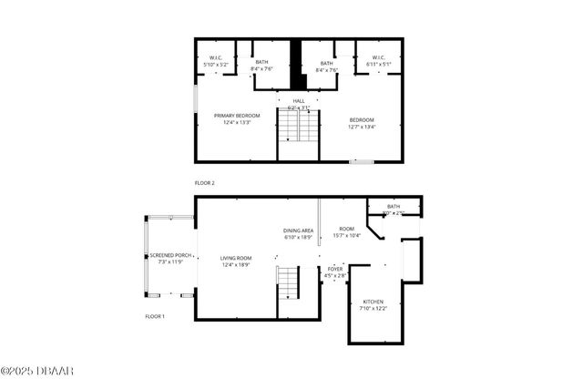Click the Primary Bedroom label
pyautogui.click(x=237, y=116)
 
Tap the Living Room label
pyautogui.click(x=236, y=259)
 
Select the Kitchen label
pyautogui.click(x=373, y=302)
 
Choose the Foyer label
pyautogui.click(x=335, y=270)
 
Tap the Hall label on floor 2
pyautogui.click(x=299, y=101)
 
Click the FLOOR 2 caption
pyautogui.click(x=205, y=183)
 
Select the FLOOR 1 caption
pyautogui.click(x=155, y=316)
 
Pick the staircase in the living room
pyautogui.click(x=289, y=284)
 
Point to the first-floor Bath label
pyautogui.click(x=394, y=207)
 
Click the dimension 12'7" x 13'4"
pyautogui.click(x=361, y=128)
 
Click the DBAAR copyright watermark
pyautogui.click(x=37, y=371)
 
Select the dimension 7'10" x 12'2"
pyautogui.click(x=373, y=309)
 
